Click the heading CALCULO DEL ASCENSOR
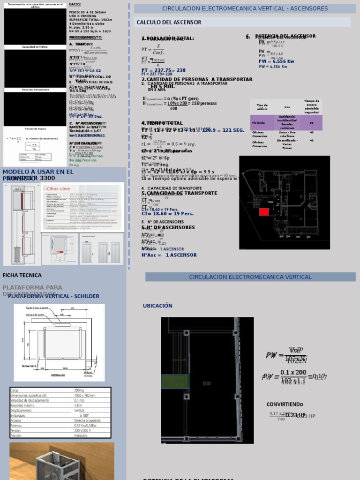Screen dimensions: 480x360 pos(169,22)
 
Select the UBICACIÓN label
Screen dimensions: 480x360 pos(157,306)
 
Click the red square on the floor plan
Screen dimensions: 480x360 pos(264,211)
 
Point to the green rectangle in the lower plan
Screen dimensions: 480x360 pos(175,382)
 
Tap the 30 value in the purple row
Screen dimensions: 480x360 pos(311,122)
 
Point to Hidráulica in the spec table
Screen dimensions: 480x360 pos(84,435)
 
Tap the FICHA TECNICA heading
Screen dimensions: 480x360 pos(22,275)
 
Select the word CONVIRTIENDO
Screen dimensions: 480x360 pos(285,404)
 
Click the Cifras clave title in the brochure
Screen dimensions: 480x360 pos(59,188)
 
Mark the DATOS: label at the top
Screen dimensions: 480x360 pos(75,4)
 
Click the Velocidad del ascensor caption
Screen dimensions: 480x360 pos(35,90)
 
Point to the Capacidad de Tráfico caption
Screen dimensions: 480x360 pos(35,47)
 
